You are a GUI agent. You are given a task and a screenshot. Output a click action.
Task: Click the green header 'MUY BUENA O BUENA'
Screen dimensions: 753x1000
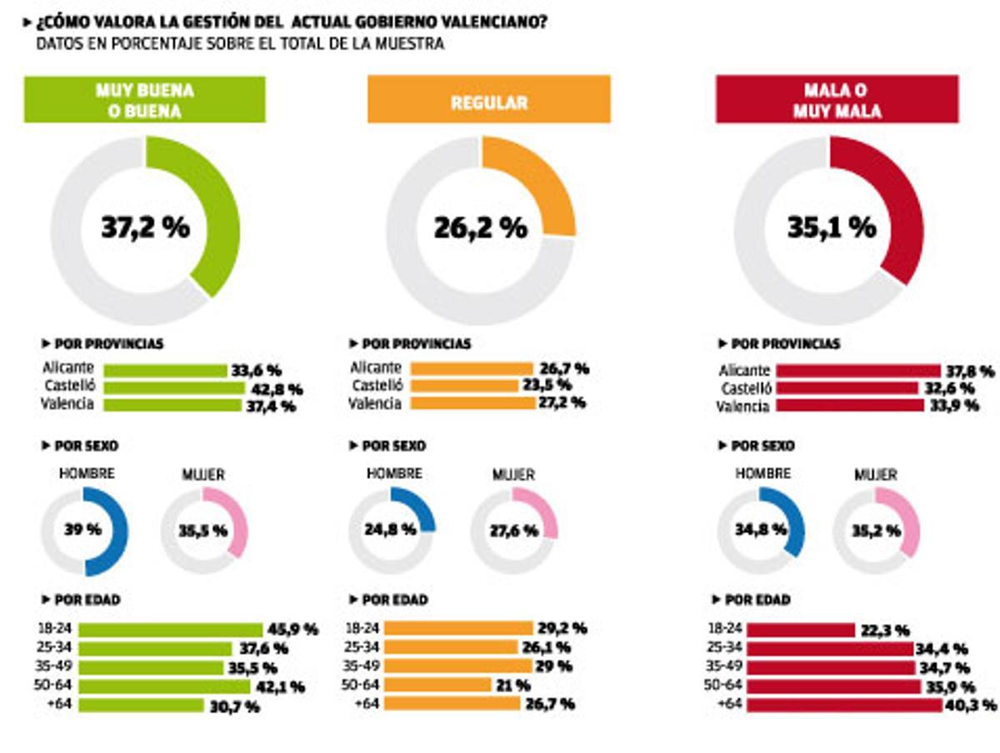pyautogui.click(x=144, y=100)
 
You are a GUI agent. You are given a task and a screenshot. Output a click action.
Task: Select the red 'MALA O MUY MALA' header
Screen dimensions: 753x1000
pyautogui.click(x=837, y=100)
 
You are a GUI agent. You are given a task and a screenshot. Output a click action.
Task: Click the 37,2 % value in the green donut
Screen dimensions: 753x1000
pyautogui.click(x=146, y=227)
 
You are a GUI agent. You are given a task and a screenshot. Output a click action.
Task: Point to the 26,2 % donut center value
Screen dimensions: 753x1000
pyautogui.click(x=481, y=227)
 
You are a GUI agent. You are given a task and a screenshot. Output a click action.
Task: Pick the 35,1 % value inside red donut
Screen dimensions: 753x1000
pyautogui.click(x=832, y=227)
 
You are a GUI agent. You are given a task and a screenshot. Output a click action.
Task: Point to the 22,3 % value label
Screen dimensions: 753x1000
pyautogui.click(x=885, y=631)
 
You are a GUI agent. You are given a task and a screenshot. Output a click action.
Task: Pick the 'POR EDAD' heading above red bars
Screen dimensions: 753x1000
pyautogui.click(x=756, y=600)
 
